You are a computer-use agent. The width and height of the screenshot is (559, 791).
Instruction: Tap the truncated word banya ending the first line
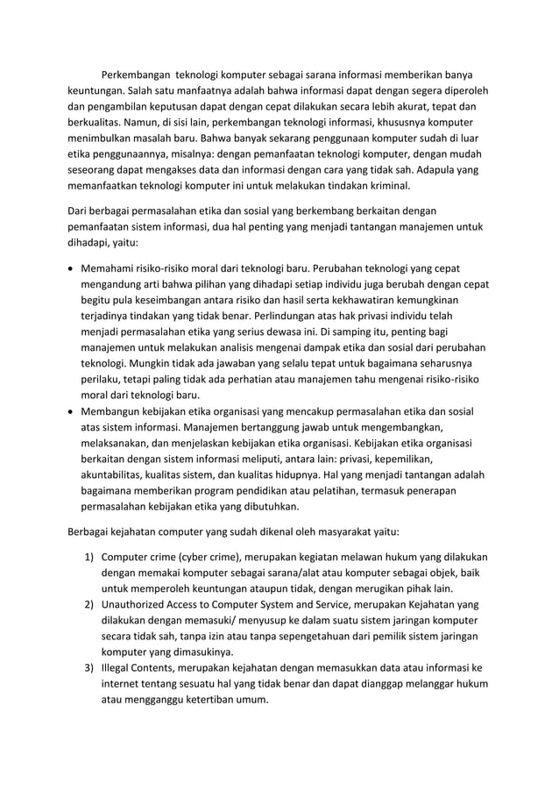[x=473, y=72]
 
